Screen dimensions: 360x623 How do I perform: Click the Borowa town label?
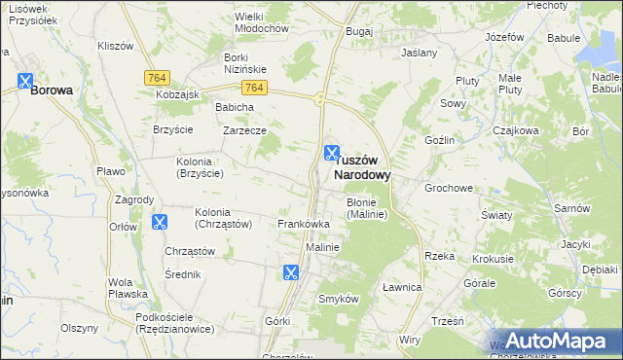(x=52, y=90)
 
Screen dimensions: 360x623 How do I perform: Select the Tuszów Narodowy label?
(x=362, y=167)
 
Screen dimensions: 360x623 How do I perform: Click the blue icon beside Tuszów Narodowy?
(x=332, y=154)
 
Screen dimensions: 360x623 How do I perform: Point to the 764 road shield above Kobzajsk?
(x=156, y=78)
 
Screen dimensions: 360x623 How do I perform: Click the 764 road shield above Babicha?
(x=254, y=88)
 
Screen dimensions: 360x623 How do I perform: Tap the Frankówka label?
(x=304, y=224)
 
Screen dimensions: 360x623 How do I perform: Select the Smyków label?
(x=340, y=299)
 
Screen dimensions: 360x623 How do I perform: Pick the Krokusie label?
(x=493, y=260)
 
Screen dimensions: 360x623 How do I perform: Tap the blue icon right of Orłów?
(x=160, y=223)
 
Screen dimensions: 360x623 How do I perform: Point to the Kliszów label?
(x=116, y=46)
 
